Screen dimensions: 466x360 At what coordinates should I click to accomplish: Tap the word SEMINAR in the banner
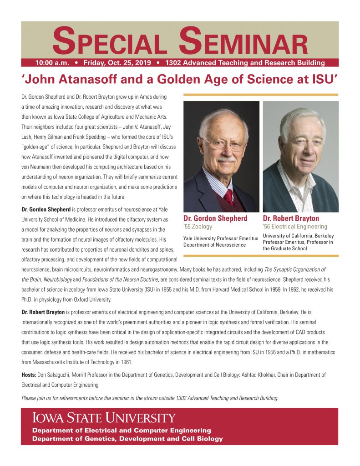243,43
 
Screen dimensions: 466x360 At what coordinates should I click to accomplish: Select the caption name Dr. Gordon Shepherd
215,218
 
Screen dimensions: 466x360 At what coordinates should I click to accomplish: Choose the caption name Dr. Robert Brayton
291,218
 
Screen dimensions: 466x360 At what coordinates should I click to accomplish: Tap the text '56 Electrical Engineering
295,227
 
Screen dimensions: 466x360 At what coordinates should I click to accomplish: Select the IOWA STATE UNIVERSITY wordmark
103,418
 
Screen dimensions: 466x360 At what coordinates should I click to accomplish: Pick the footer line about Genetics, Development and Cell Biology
127,439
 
